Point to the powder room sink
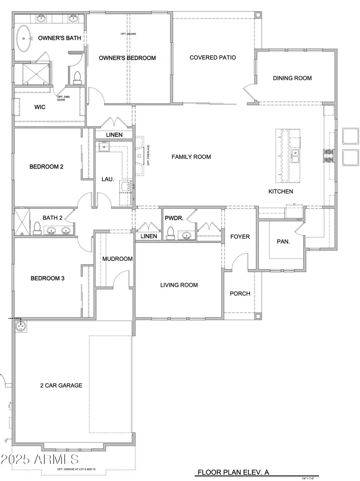tap(185, 235)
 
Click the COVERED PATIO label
tap(212, 58)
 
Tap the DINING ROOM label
tap(292, 78)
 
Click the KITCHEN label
tap(280, 192)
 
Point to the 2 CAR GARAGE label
tap(61, 385)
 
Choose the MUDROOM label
tap(117, 259)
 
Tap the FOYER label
tap(240, 237)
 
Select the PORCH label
tap(240, 294)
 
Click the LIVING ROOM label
tap(179, 285)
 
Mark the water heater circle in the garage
tap(21, 326)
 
